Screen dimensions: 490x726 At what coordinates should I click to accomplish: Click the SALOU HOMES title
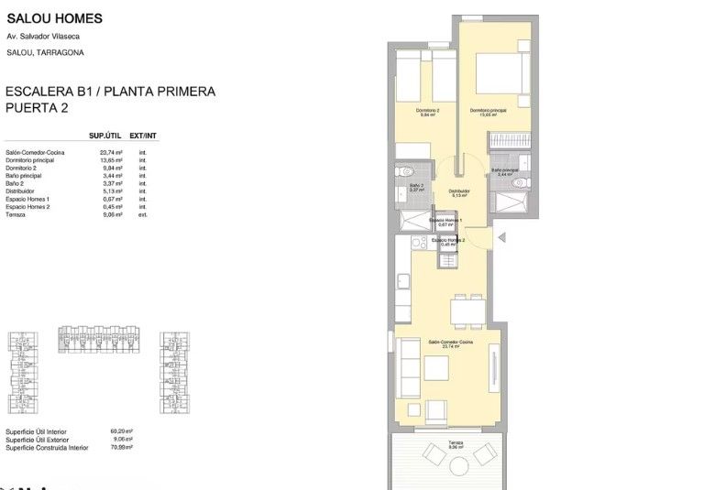pos(54,18)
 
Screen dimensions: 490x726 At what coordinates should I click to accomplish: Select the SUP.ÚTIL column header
pos(105,136)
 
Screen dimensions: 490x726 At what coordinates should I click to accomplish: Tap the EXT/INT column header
pos(143,136)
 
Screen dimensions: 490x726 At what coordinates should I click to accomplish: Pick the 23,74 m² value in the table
pos(111,153)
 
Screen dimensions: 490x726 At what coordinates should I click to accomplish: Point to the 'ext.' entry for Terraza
pos(142,214)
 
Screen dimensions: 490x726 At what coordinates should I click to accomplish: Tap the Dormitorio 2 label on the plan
pos(425,112)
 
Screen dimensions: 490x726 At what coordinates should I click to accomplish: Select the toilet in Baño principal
pos(520,183)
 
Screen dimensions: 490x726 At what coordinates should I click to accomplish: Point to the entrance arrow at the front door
pos(500,237)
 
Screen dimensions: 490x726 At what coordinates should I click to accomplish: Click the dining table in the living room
pos(467,313)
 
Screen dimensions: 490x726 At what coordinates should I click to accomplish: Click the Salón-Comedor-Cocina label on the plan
pos(450,343)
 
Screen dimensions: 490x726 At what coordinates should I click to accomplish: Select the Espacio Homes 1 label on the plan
pos(446,222)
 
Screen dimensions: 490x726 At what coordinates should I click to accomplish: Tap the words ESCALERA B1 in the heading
pos(45,92)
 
